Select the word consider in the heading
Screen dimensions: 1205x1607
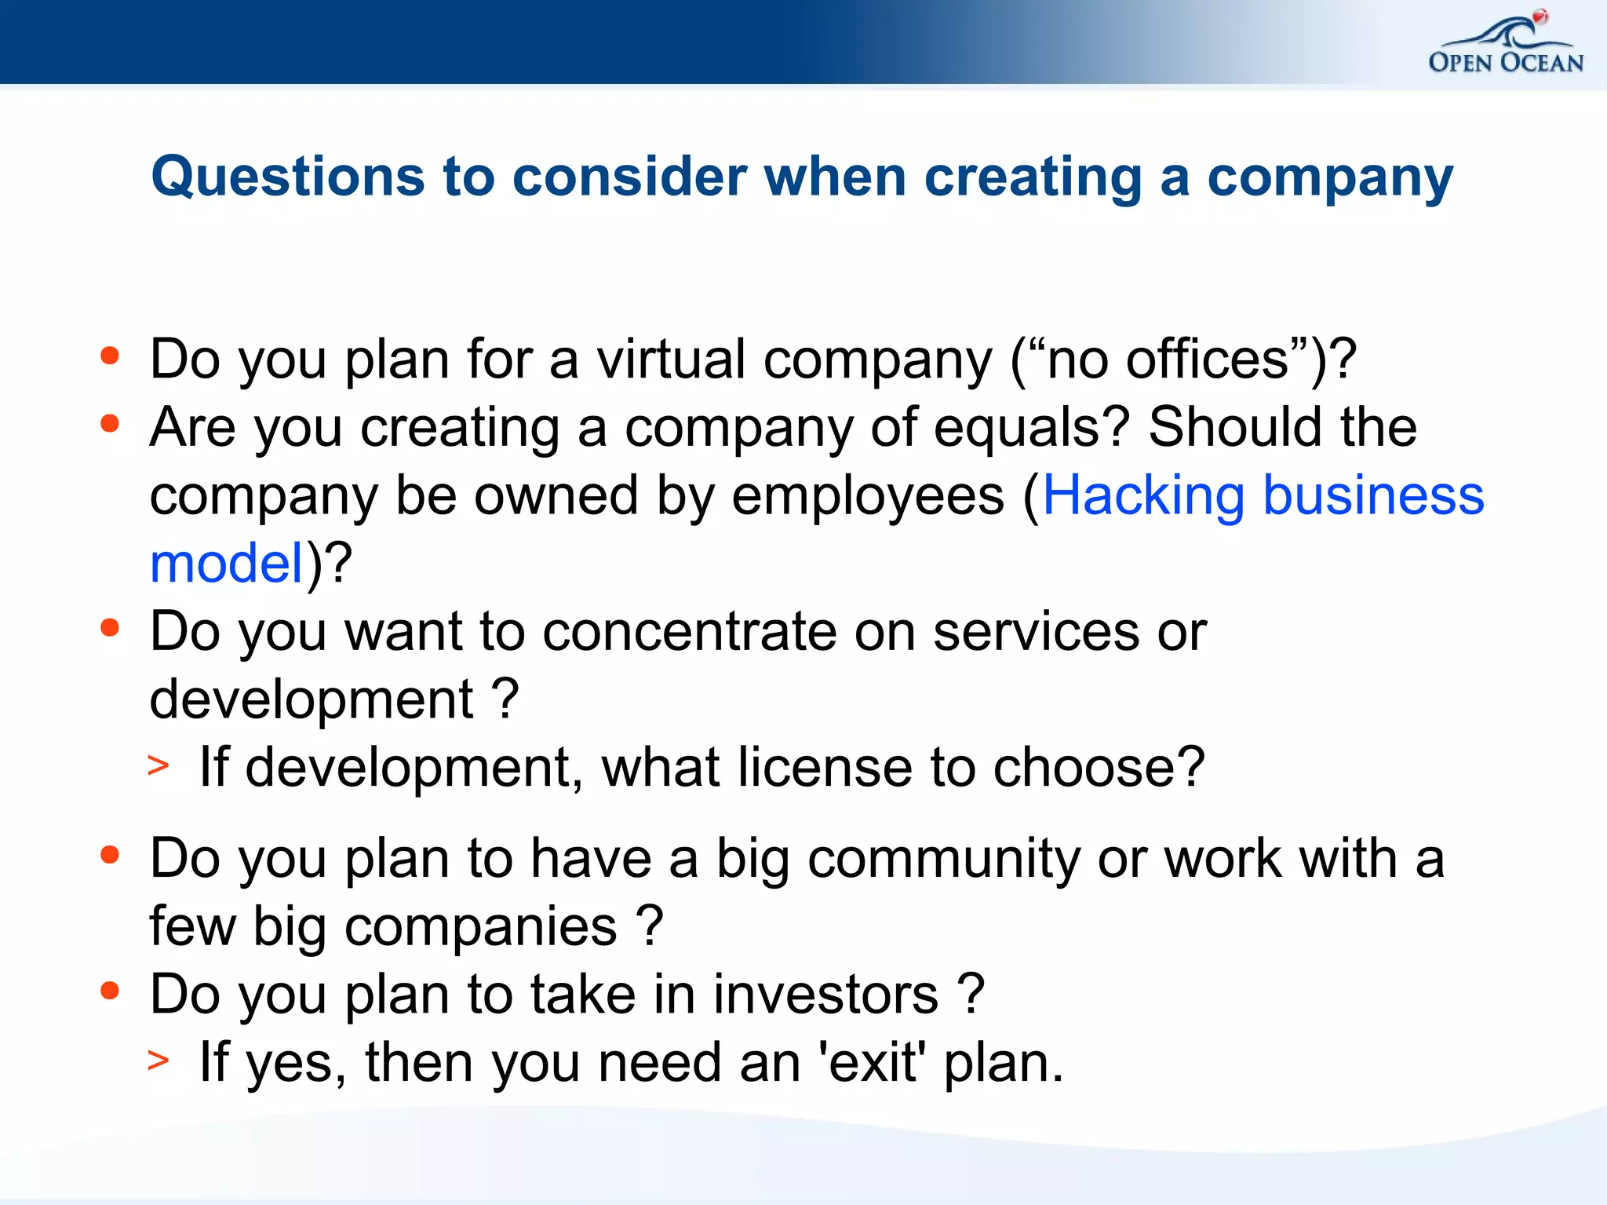629,177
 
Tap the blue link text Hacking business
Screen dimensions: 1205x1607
1263,496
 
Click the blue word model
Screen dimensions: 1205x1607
227,564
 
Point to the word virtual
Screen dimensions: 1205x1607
671,360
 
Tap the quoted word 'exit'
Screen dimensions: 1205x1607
872,1063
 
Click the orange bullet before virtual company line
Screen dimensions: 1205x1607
110,356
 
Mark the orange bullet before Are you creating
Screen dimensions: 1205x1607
110,424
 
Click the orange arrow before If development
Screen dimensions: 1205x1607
159,765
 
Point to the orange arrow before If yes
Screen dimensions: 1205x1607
159,1061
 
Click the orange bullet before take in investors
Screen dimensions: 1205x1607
110,991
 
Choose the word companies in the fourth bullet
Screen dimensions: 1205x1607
480,927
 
